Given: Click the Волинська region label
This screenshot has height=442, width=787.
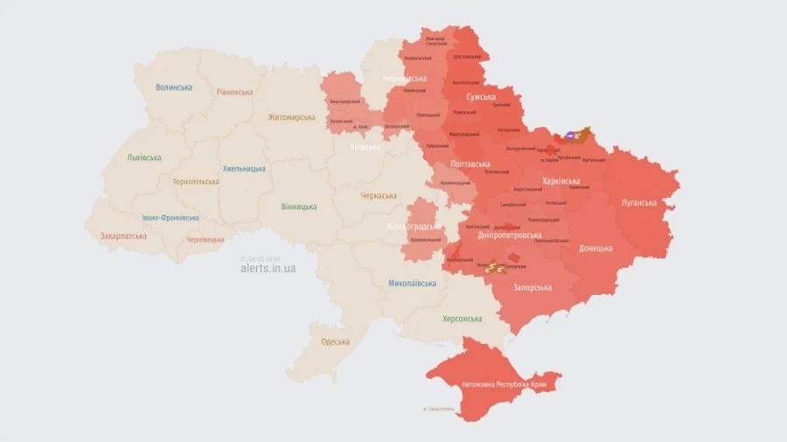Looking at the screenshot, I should [x=174, y=88].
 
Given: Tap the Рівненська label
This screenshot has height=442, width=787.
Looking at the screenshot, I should [x=234, y=92].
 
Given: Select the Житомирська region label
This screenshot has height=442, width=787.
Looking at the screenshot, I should [x=291, y=117].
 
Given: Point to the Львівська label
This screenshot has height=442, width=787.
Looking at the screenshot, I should [x=144, y=158].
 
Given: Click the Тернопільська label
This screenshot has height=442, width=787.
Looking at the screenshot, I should [x=195, y=182].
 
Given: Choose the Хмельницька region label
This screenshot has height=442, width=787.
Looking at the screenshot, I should [x=244, y=168].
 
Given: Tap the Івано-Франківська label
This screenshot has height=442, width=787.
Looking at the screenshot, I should [x=171, y=218].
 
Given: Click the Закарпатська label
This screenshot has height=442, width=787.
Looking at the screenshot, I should [x=123, y=236].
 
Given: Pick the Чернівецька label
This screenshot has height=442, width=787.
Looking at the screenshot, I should [x=205, y=239].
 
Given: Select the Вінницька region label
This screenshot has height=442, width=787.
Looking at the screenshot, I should [x=299, y=207].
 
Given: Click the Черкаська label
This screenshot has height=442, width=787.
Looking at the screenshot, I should [x=378, y=196].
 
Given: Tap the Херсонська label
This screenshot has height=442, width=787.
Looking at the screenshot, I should [x=462, y=319].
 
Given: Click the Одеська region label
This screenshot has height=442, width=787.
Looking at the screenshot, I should [x=335, y=341].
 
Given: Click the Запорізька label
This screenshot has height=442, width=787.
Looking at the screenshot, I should [x=532, y=288].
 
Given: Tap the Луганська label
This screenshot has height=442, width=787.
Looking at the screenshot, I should [x=638, y=203].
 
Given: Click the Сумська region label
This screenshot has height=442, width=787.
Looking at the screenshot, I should [x=481, y=97].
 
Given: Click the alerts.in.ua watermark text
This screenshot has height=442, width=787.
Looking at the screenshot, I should [x=268, y=269].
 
